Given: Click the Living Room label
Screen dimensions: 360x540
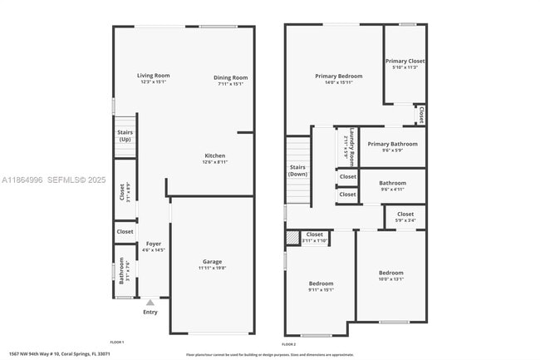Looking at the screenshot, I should [154, 76].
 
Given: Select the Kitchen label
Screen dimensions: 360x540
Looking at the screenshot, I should [215, 155].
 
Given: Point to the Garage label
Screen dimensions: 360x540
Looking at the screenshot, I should [213, 261].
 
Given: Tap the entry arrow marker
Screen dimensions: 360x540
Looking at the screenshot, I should [150, 303].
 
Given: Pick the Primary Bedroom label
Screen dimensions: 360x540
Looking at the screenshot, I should [334, 76].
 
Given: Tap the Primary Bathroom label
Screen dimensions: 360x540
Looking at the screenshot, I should [392, 144].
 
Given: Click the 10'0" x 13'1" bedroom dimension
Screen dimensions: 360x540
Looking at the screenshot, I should [391, 279].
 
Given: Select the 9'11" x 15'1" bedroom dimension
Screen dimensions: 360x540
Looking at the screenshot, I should [321, 290].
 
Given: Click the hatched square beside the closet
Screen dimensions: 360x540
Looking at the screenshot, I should [291, 238].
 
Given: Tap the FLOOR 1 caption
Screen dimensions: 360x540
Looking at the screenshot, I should [117, 343].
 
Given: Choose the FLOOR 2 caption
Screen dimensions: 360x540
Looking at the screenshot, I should [288, 344].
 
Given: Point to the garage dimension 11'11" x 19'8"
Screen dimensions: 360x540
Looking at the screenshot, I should [213, 268].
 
